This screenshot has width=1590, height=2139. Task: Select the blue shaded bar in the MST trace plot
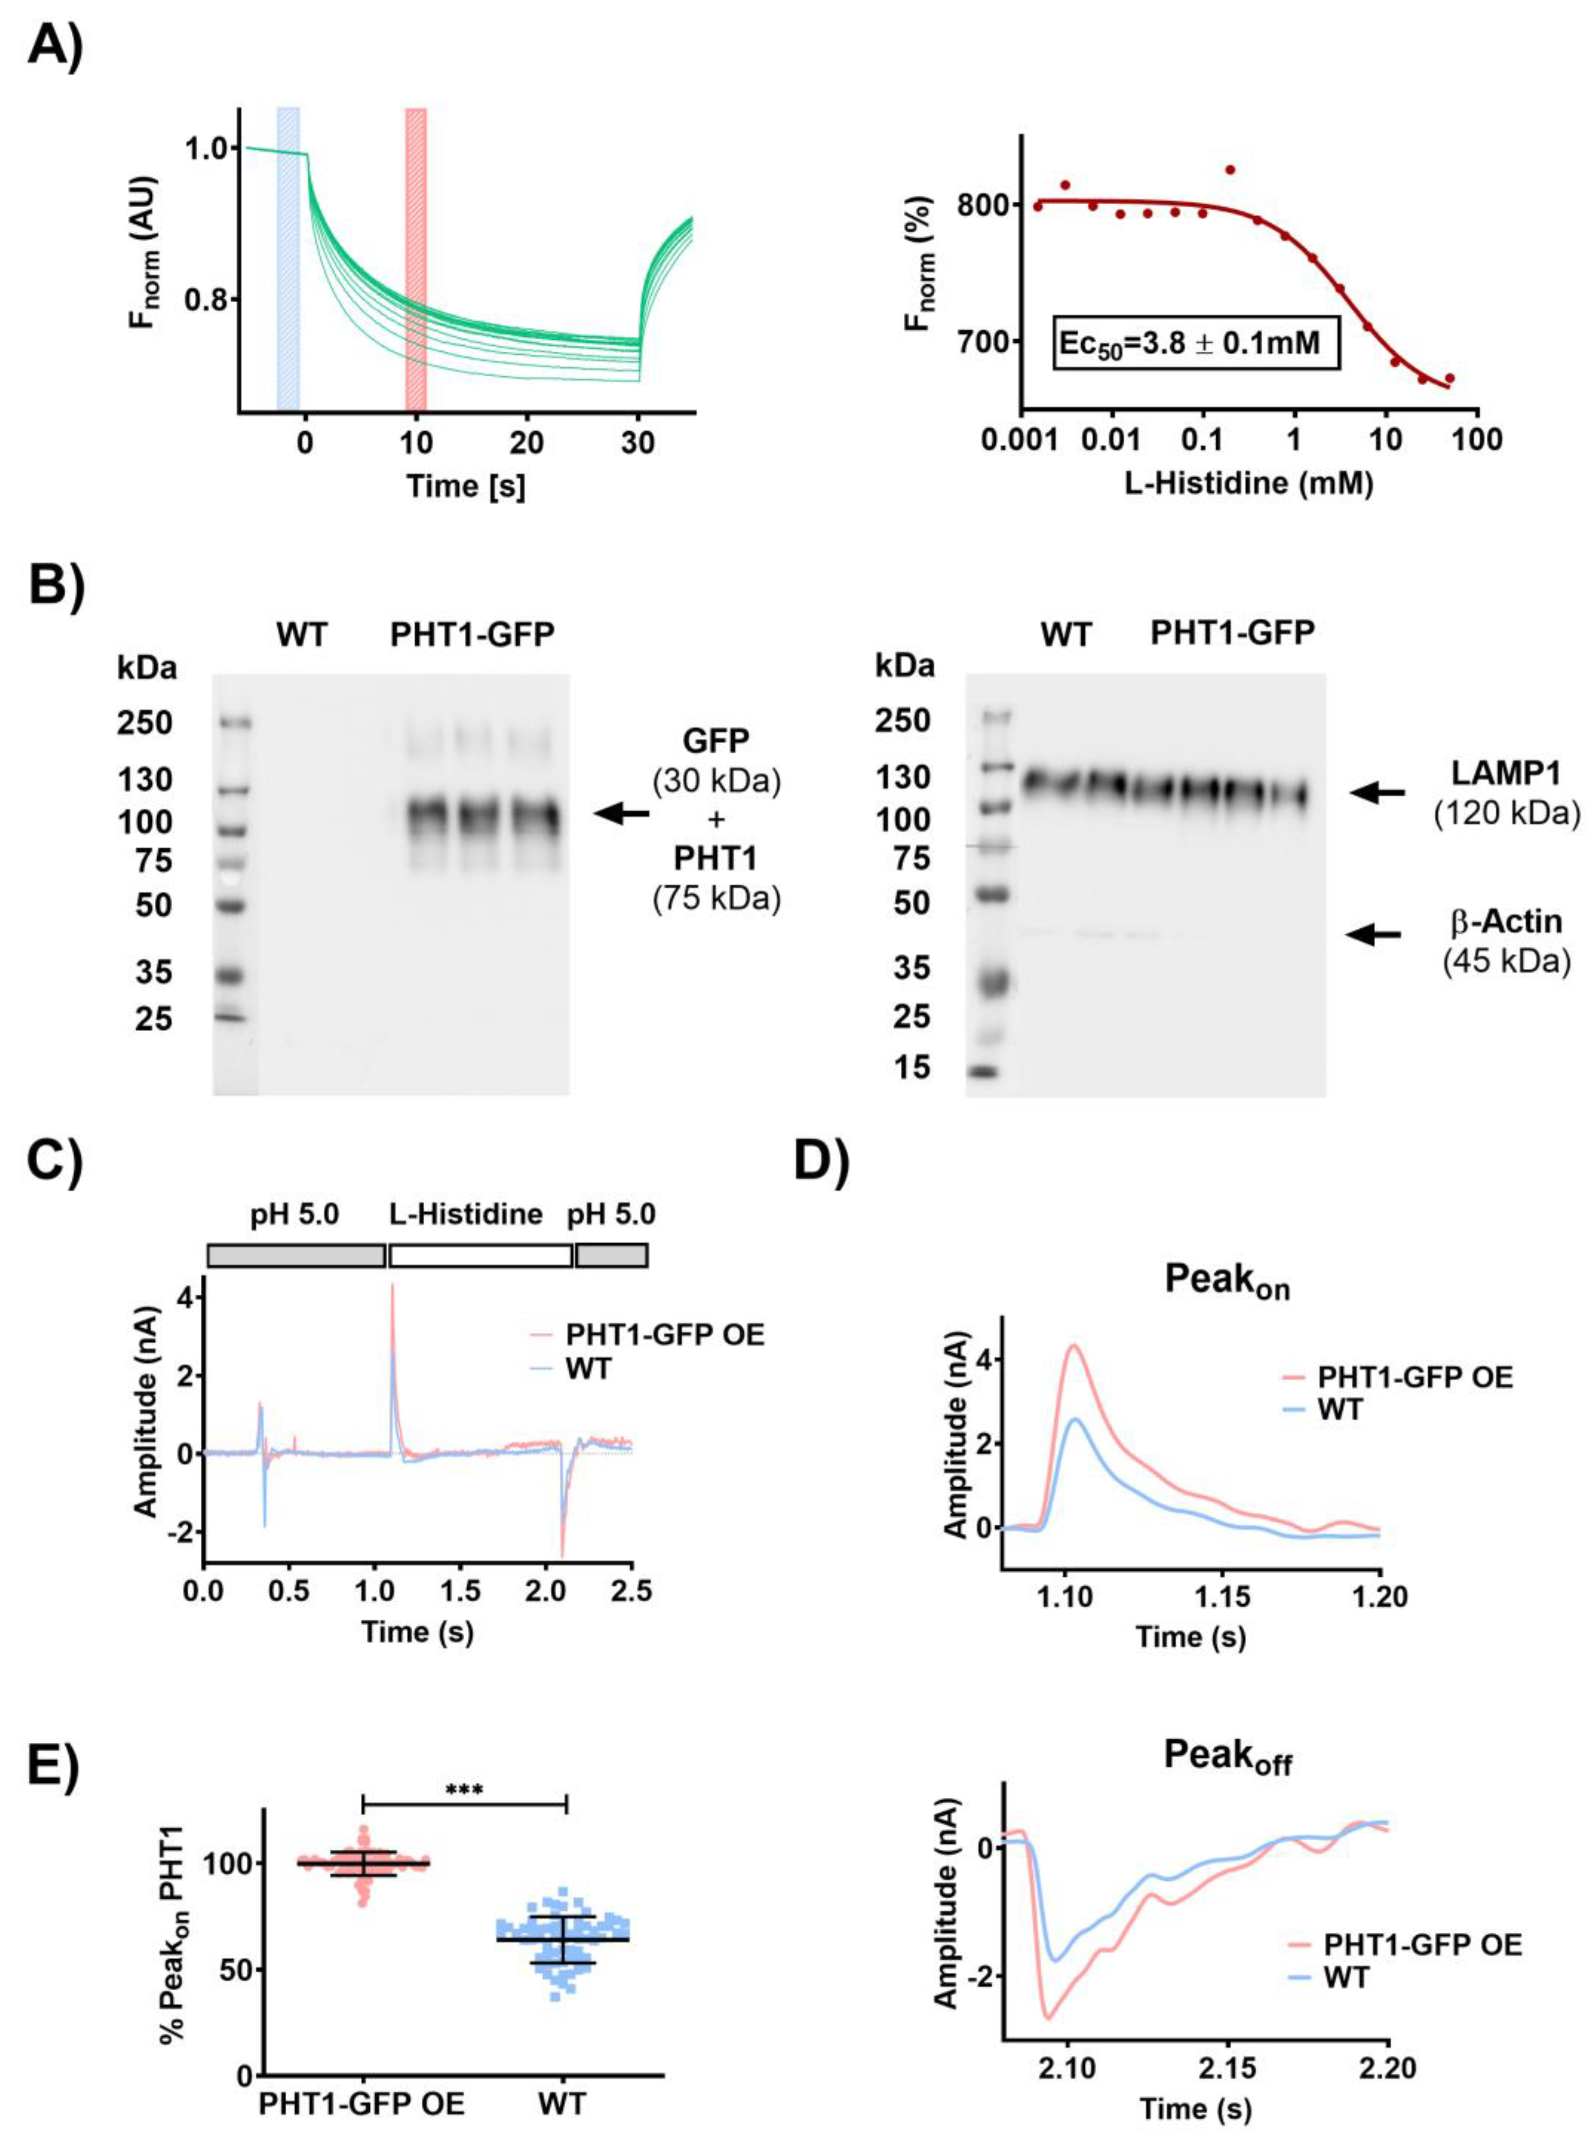coord(288,260)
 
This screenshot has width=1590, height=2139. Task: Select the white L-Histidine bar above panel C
coord(480,1255)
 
